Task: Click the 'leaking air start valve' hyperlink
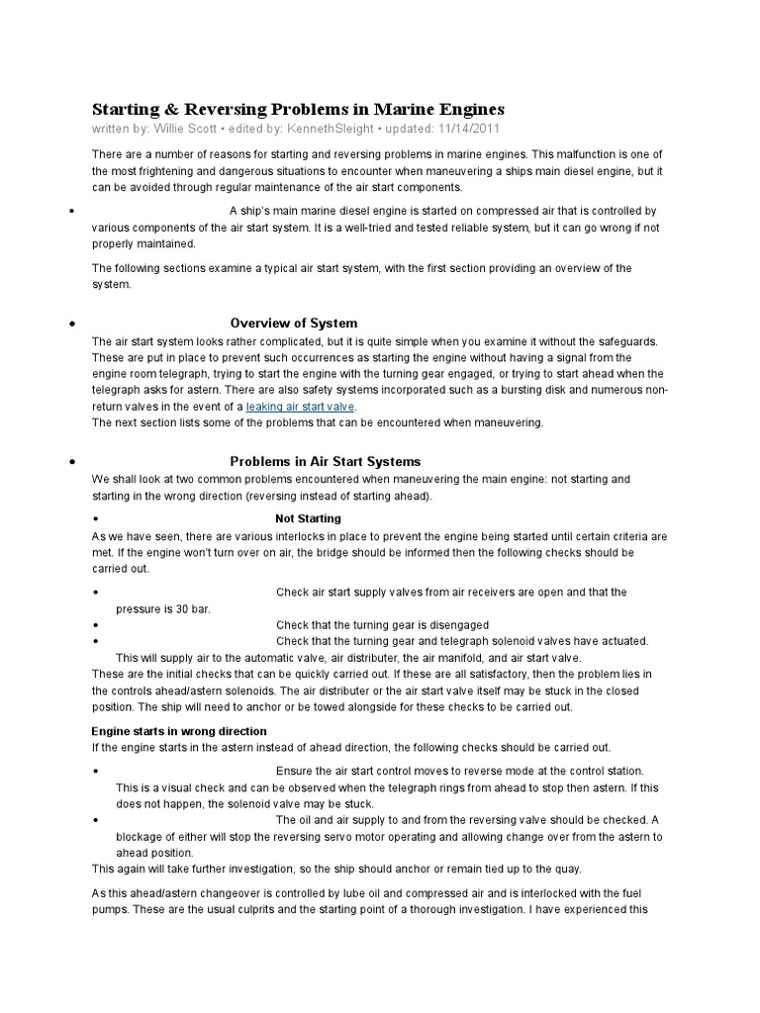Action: [x=300, y=407]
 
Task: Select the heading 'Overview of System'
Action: [x=294, y=323]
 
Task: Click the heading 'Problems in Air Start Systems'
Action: [x=326, y=462]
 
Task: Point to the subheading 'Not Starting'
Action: [x=308, y=518]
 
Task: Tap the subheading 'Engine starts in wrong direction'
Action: [x=179, y=730]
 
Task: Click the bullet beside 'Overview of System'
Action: [x=75, y=323]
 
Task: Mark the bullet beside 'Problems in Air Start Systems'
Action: [x=75, y=462]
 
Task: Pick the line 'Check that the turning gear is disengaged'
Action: [x=382, y=625]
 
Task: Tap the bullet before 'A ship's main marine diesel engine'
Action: [x=75, y=212]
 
